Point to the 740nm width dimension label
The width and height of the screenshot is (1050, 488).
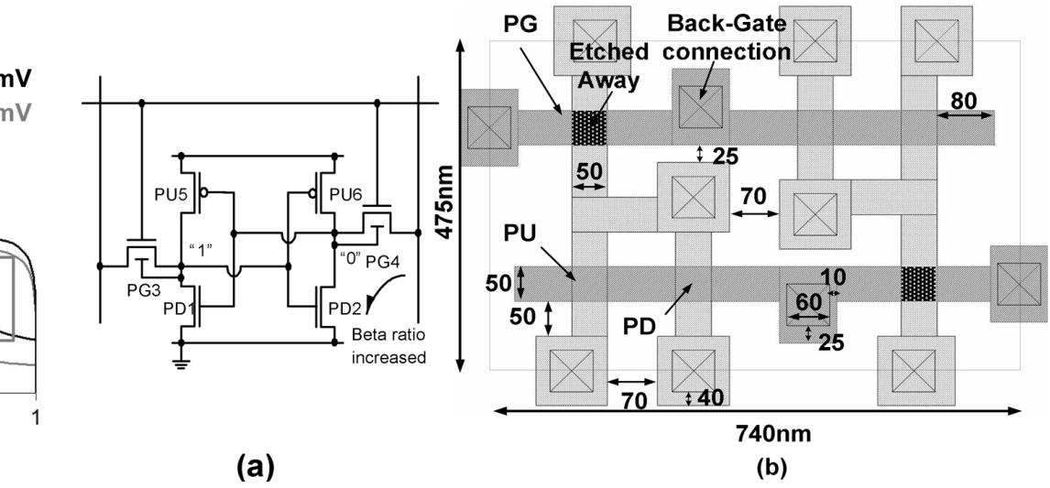pyautogui.click(x=758, y=431)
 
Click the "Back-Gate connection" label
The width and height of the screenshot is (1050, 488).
pyautogui.click(x=727, y=38)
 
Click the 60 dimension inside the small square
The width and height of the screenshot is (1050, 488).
pyautogui.click(x=806, y=299)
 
